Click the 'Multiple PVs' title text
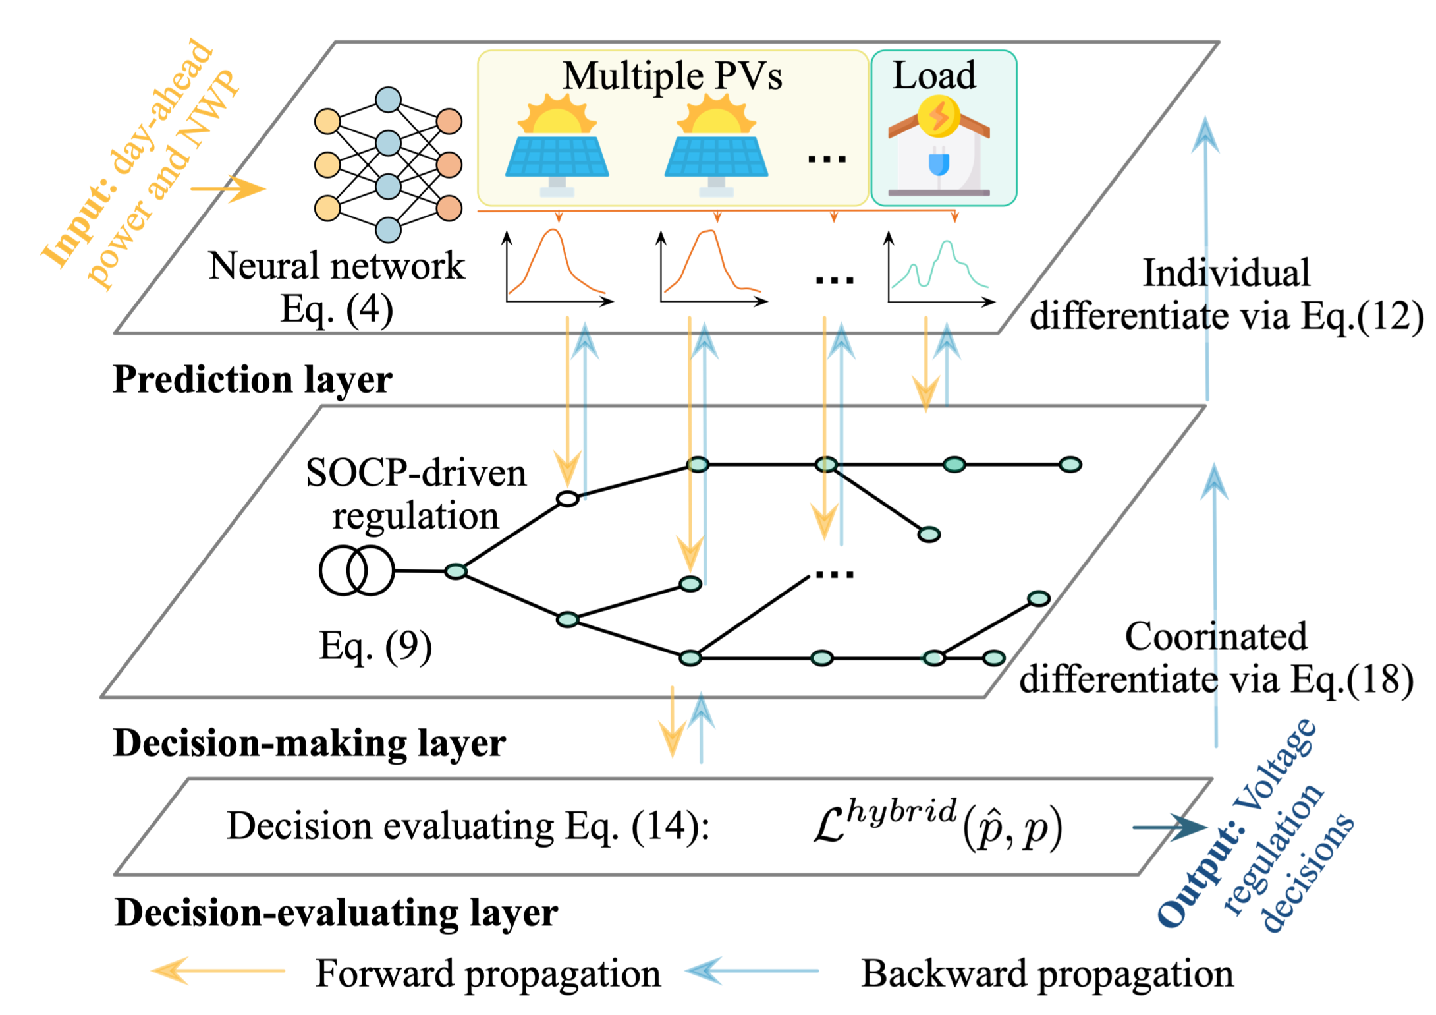(672, 76)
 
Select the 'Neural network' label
(337, 266)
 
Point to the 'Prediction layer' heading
(252, 380)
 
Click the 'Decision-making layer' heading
(310, 743)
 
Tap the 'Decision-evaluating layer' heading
(336, 913)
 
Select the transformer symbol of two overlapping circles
(356, 571)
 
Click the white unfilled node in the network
(567, 499)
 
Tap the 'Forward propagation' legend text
(488, 973)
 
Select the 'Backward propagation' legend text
(1047, 973)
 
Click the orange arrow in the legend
(217, 971)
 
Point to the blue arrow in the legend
(751, 971)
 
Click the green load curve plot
(941, 270)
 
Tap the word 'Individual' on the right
(1226, 273)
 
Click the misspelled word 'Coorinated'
(1215, 637)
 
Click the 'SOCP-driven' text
(416, 473)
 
